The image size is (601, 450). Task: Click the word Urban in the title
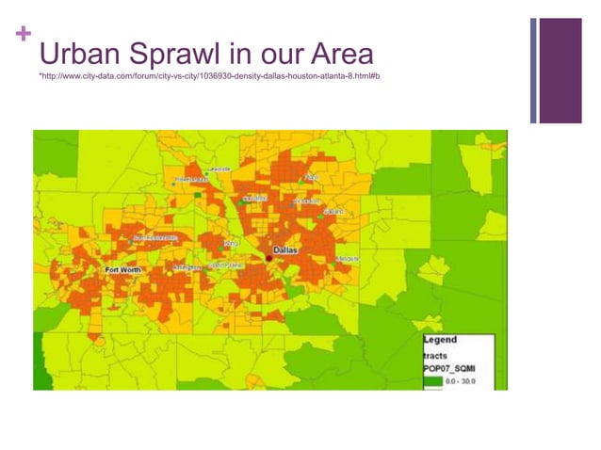coord(81,53)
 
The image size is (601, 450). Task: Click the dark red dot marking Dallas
coord(268,256)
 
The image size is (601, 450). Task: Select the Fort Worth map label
coord(123,270)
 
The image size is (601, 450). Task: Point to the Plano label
coord(312,177)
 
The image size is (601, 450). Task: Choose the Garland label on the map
coord(333,212)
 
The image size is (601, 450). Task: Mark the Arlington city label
coord(188,267)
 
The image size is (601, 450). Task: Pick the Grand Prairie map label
coord(228,265)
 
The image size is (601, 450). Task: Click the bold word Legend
coord(441,339)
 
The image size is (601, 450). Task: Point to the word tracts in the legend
coord(436,355)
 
